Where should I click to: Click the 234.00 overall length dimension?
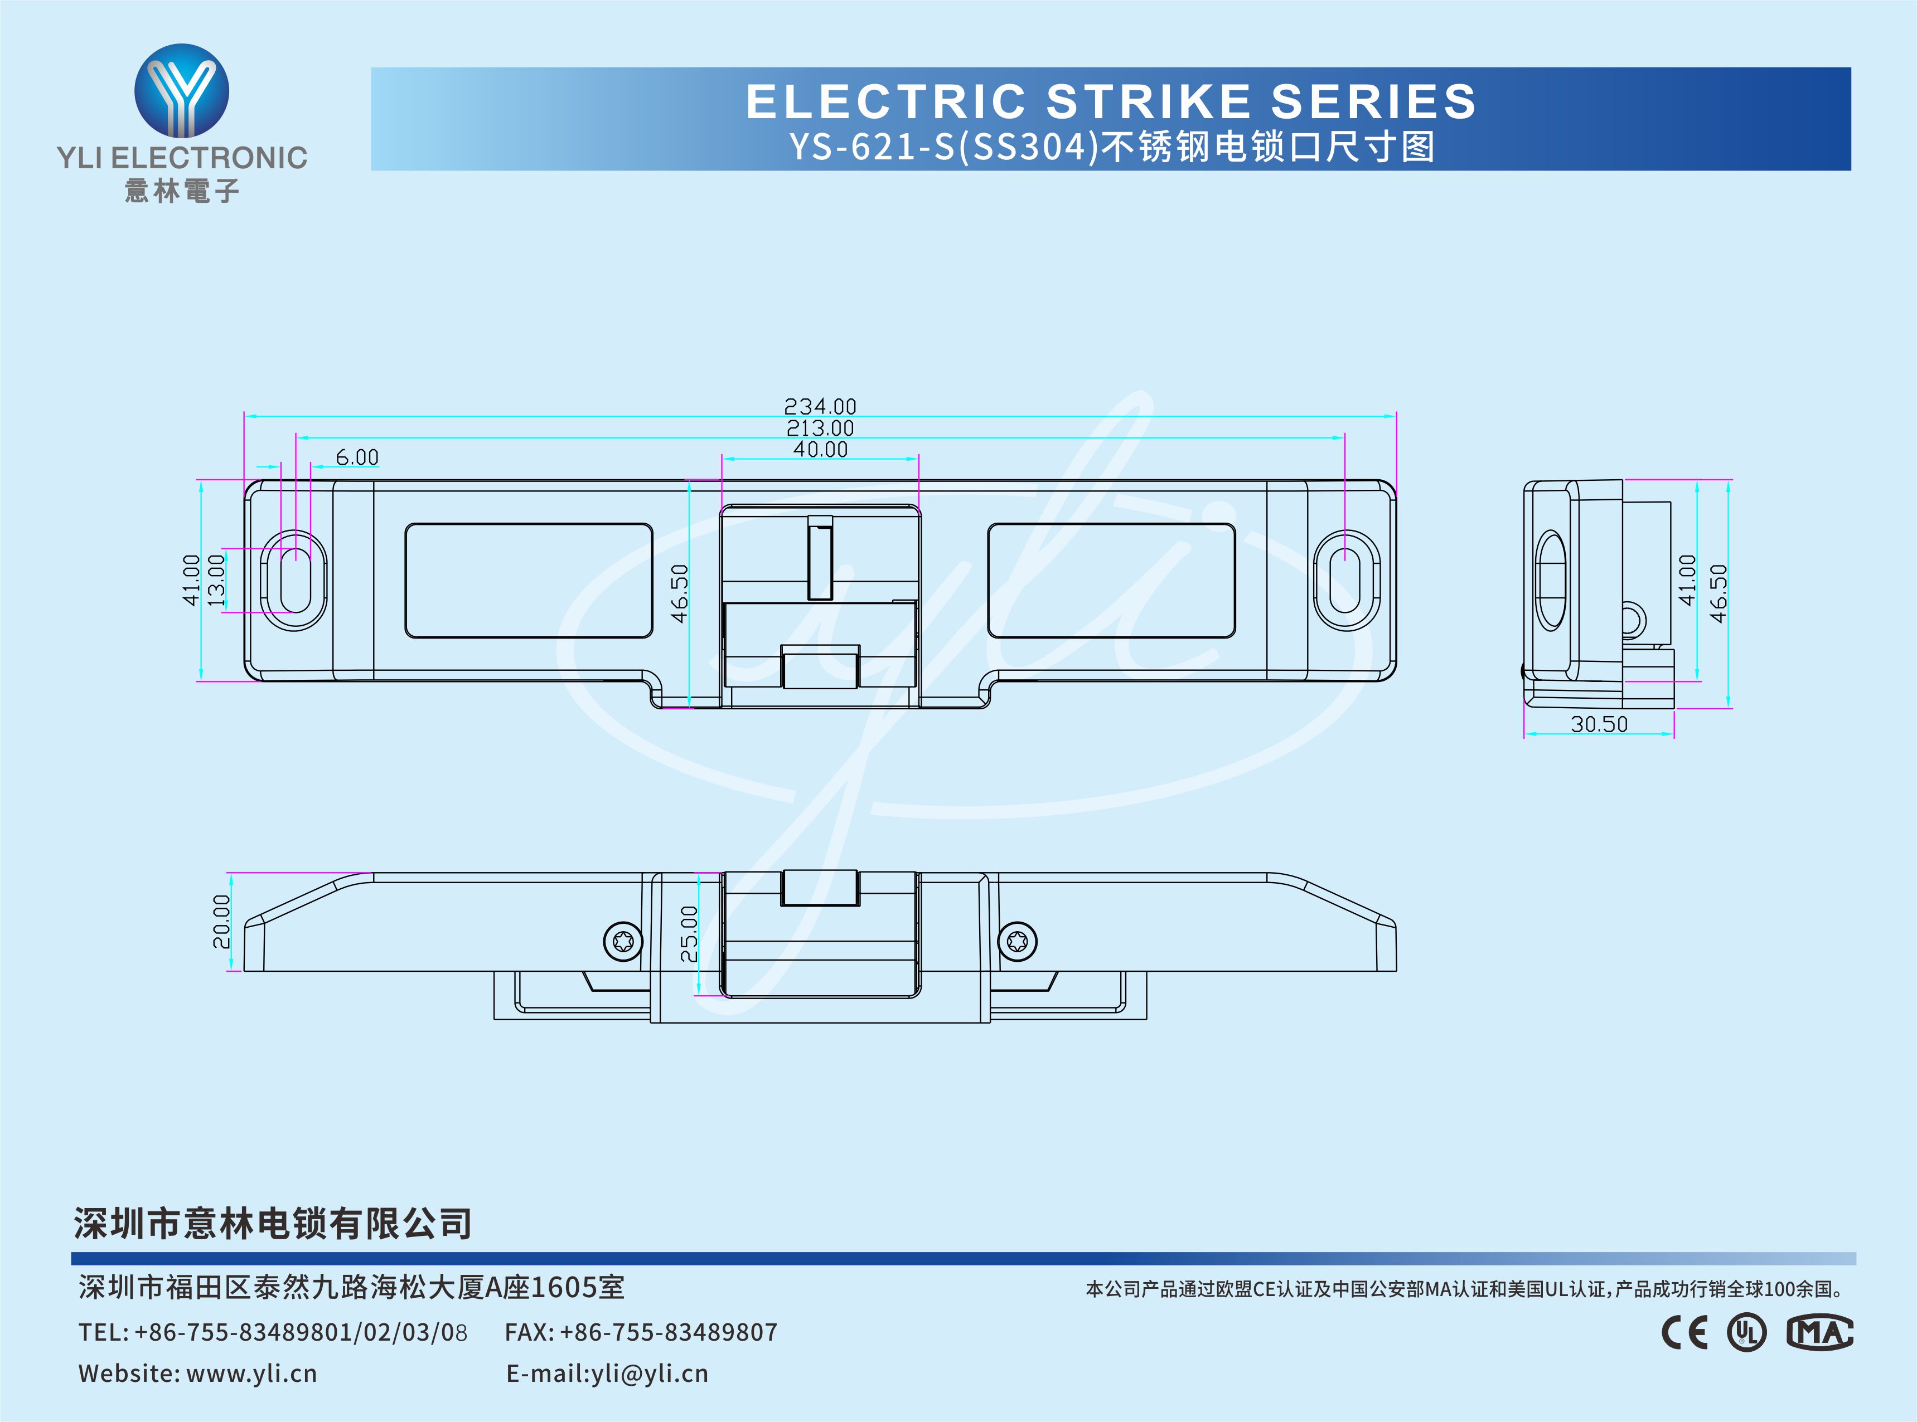(820, 406)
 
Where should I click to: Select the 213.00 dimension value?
(820, 428)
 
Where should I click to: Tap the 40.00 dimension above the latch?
(820, 449)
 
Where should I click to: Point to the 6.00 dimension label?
(356, 457)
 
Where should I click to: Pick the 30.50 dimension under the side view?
(1599, 724)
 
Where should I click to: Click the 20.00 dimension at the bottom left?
(221, 922)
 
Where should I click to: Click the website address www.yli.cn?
(251, 1374)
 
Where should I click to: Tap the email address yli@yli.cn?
(650, 1374)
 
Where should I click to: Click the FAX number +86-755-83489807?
(669, 1332)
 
